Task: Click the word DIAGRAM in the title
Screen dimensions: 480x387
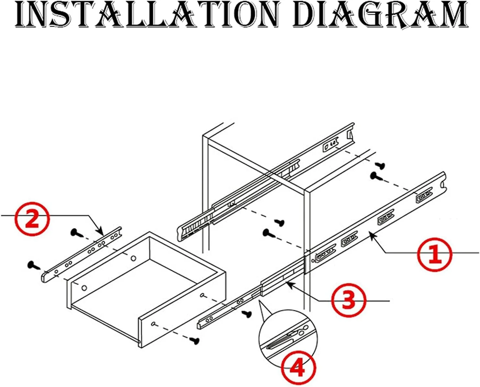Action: tap(380, 14)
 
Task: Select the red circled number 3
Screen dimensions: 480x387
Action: tap(348, 301)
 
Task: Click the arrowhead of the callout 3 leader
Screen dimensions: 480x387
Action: tap(289, 284)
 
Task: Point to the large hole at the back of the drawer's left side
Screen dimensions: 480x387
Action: tap(134, 258)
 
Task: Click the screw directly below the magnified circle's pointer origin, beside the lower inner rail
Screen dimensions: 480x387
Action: tap(247, 314)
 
